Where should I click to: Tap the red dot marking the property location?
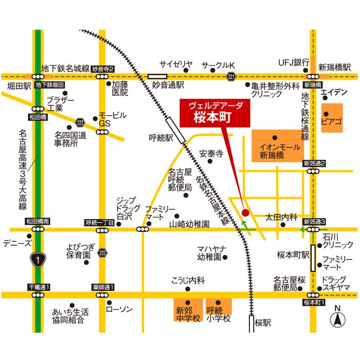[245, 212]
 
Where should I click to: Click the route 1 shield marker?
[38, 260]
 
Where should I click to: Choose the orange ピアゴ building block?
[332, 118]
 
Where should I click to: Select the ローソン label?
[119, 309]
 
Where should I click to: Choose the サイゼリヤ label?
[175, 64]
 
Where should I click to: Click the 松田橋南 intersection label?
[39, 221]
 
